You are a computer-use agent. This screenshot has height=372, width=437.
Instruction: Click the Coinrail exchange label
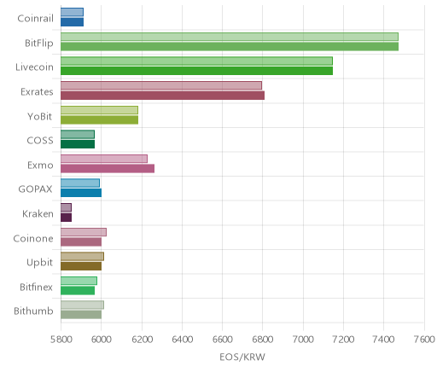tap(35, 19)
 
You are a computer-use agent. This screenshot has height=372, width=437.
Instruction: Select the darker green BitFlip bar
tap(230, 47)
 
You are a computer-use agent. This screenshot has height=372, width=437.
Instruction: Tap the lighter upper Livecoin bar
tap(196, 61)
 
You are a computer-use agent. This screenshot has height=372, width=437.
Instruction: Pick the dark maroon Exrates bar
tap(162, 96)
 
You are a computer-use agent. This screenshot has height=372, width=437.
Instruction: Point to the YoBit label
tap(39, 117)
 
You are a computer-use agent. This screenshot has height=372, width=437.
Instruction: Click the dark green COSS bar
tap(78, 144)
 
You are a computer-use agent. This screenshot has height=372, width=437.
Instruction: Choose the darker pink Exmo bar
tap(108, 168)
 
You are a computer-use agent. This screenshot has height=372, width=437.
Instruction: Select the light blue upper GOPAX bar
tap(80, 183)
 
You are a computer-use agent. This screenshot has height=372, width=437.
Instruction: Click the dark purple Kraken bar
tap(66, 218)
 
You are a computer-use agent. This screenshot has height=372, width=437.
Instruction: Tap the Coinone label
tap(33, 238)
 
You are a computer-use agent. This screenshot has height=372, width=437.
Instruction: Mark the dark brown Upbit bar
tap(81, 266)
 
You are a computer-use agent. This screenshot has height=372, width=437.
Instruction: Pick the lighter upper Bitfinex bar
tap(79, 281)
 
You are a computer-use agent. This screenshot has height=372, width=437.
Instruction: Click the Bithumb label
tap(33, 311)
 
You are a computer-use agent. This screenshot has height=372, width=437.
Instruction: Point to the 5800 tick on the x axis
tap(61, 340)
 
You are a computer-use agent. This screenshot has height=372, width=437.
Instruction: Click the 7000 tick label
tap(303, 340)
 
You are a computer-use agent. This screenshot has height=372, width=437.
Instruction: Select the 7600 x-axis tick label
tap(424, 340)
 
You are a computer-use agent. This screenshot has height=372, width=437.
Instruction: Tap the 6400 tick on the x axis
tap(182, 340)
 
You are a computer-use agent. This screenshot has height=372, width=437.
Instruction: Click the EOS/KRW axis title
tap(242, 357)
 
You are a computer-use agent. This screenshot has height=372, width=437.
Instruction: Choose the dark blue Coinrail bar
tap(72, 22)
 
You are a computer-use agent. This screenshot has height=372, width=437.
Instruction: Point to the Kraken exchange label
tap(38, 214)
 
